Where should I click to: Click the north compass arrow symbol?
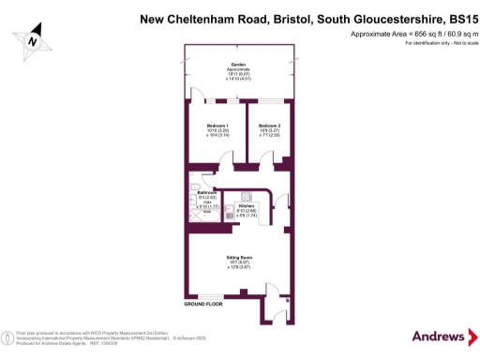click(x=33, y=39)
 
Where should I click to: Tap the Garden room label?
click(x=238, y=65)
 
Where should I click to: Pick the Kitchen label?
click(x=247, y=205)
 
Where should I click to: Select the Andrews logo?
click(x=440, y=337)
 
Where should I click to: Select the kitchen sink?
click(x=228, y=217)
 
